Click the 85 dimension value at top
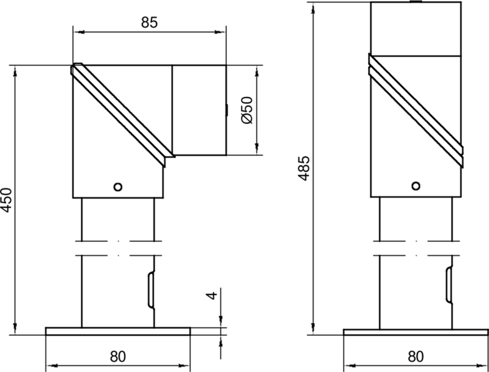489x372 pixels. [x=149, y=23]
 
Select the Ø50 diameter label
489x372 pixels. [x=248, y=111]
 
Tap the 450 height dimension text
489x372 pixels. [x=6, y=200]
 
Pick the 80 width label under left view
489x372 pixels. [x=118, y=354]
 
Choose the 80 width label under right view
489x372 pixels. [x=416, y=354]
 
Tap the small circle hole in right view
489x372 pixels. [x=416, y=185]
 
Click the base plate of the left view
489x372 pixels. [x=118, y=331]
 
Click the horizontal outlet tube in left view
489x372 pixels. [x=199, y=111]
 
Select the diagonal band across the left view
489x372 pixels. [x=122, y=113]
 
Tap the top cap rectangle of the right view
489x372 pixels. [x=416, y=29]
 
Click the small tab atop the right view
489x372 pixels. [x=416, y=2]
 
